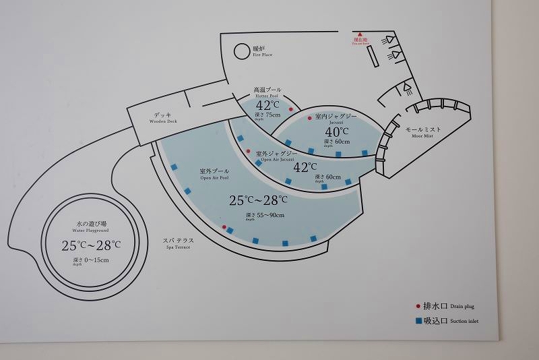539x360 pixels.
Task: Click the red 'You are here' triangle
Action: [360, 34]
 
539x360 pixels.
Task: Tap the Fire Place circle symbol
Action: [242, 51]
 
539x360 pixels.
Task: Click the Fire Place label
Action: [262, 51]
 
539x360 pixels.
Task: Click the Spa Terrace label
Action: [177, 243]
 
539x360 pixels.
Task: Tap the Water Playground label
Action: [91, 227]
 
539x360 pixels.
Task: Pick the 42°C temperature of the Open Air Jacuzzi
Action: [305, 167]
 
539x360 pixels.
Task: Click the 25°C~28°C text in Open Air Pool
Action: [259, 200]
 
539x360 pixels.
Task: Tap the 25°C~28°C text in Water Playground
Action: [91, 245]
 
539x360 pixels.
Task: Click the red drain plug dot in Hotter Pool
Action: [291, 109]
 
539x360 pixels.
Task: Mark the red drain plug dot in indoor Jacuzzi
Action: [310, 117]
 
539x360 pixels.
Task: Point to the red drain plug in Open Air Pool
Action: [224, 225]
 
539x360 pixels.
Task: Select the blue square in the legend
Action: [418, 321]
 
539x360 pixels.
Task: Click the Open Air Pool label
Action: [214, 175]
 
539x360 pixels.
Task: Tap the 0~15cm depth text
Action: [91, 260]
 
